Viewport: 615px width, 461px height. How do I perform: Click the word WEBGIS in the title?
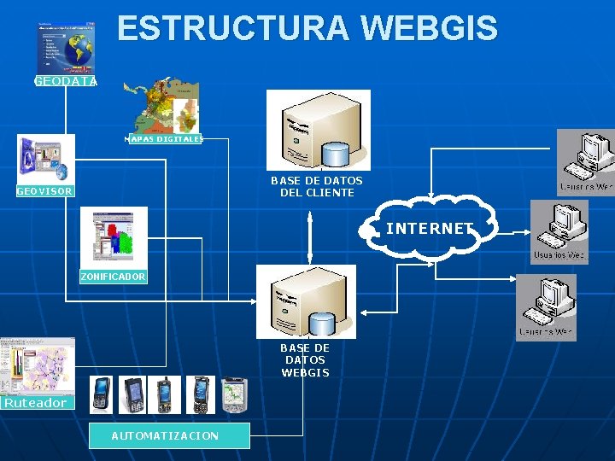[430, 28]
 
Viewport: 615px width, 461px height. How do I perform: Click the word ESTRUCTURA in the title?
[233, 28]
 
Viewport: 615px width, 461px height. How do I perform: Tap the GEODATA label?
[66, 82]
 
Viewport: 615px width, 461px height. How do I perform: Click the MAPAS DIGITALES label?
[164, 138]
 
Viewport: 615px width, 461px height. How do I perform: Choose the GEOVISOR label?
[45, 191]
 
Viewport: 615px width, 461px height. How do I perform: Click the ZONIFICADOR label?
[113, 277]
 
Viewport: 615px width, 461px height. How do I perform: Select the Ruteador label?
[35, 403]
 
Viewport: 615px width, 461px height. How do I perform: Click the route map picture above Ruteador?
[37, 365]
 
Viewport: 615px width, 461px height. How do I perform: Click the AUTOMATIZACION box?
[168, 435]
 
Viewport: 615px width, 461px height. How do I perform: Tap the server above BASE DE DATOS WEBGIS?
[306, 301]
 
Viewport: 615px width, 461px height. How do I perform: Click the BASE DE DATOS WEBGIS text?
[305, 360]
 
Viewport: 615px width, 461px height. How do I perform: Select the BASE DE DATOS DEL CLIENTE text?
[316, 186]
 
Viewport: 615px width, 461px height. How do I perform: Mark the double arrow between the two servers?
[310, 235]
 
